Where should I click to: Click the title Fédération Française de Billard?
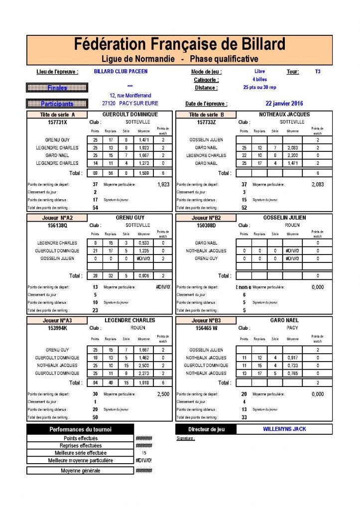180,44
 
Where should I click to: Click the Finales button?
57,88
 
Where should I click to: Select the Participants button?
57,104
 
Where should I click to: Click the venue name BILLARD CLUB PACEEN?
120,71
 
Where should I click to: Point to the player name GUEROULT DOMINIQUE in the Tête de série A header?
130,115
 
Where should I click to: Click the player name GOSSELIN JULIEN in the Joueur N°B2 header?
284,218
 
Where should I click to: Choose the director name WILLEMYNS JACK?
284,429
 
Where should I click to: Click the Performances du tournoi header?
80,429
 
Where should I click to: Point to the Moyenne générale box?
80,471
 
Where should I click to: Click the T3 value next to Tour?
318,72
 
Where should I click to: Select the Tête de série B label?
206,115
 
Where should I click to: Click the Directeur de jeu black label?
206,429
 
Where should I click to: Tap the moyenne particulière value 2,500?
163,394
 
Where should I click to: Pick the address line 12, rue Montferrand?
130,96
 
